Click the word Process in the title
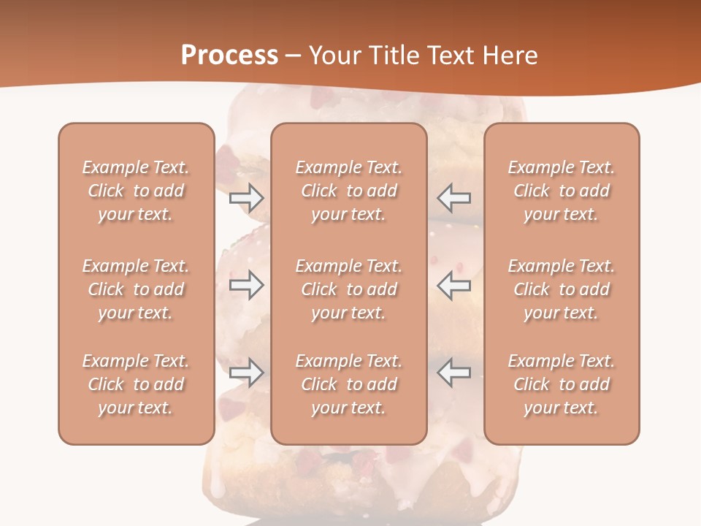(229, 56)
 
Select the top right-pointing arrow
(246, 197)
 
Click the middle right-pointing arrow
(246, 285)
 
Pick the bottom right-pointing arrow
(246, 373)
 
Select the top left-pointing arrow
(453, 197)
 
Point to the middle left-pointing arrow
(453, 285)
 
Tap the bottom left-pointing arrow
(453, 373)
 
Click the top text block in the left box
(136, 191)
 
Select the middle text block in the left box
(136, 289)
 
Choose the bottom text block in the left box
(136, 384)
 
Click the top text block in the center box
(348, 191)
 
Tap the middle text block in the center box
(348, 289)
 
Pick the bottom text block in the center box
(348, 384)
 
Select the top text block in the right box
(562, 191)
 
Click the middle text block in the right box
(562, 289)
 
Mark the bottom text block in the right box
(562, 384)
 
